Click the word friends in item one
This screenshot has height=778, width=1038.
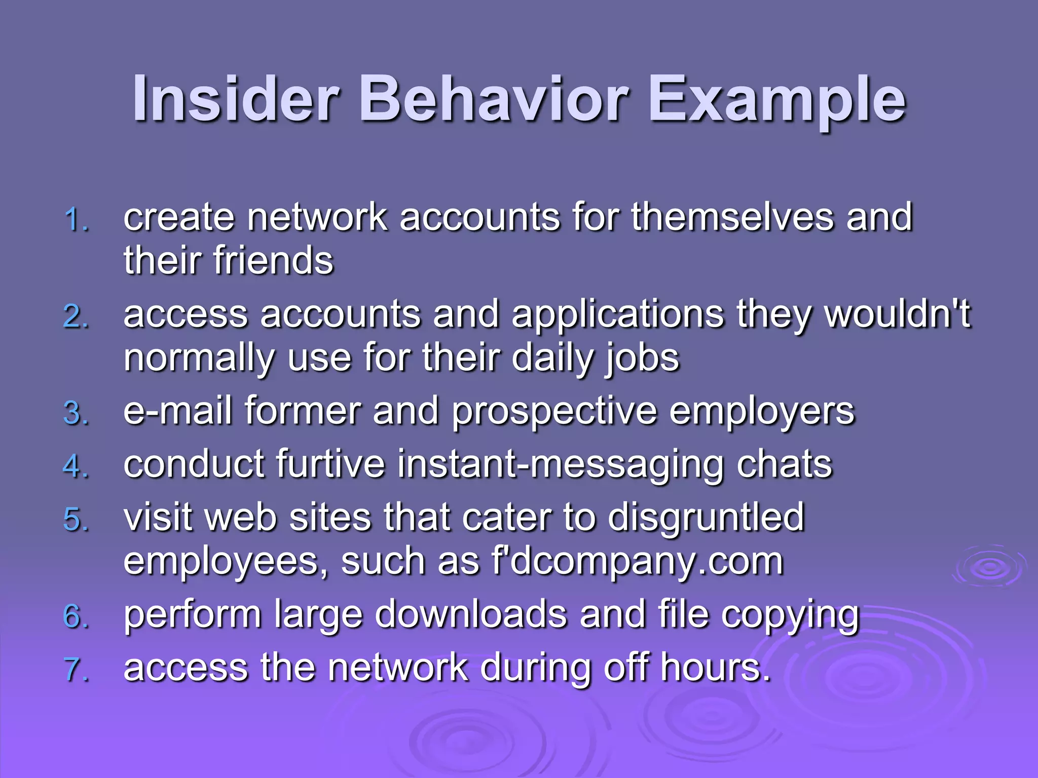273,260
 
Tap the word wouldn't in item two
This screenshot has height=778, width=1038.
897,314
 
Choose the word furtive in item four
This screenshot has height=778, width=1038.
330,464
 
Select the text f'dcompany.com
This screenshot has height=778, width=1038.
638,562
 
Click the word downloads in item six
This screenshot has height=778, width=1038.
471,614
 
